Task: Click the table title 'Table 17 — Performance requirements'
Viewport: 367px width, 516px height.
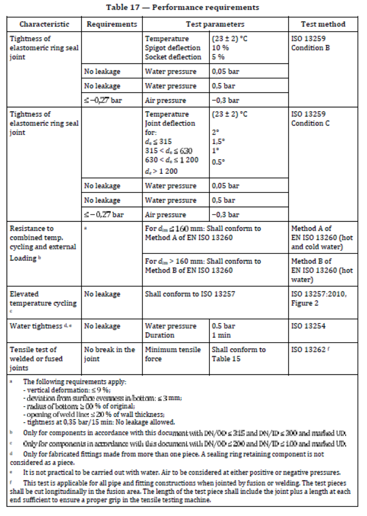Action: [183, 7]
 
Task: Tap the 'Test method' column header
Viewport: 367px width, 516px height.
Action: [323, 24]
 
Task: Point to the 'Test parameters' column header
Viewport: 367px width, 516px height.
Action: [215, 24]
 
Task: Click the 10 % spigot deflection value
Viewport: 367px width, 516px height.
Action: [219, 48]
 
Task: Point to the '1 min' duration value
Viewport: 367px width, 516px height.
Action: [221, 335]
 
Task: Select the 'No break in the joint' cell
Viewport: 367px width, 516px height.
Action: [109, 354]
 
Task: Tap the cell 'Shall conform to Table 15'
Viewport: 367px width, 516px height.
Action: [238, 354]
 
